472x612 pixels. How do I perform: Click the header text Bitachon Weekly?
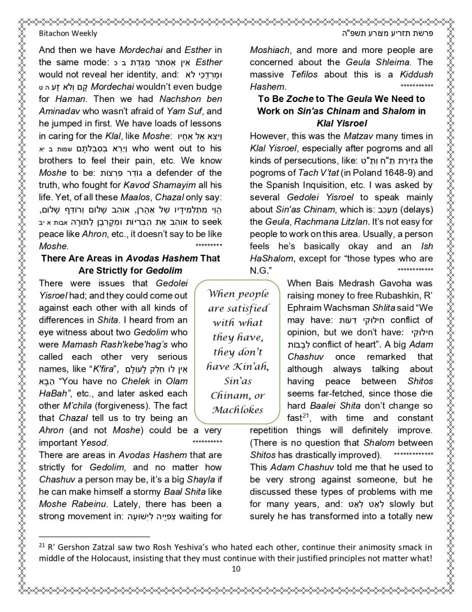(68, 34)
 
